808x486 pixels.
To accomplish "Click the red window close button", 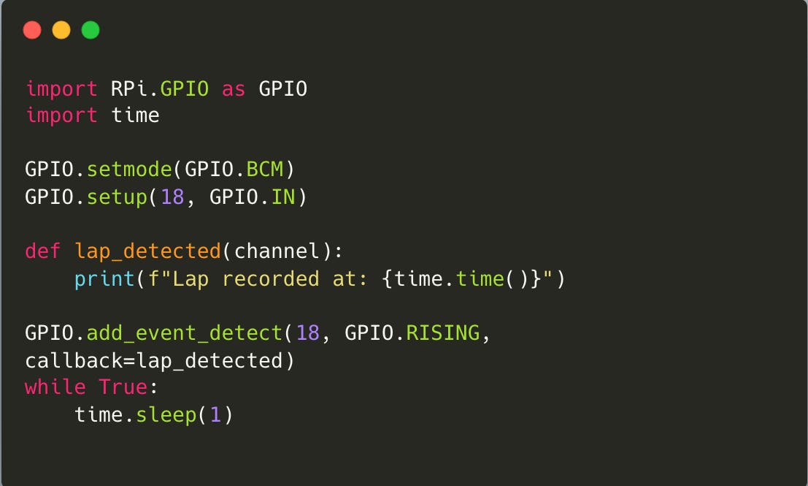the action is tap(32, 30).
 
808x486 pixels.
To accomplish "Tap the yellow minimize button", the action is tap(61, 30).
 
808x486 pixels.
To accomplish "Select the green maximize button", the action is tap(91, 30).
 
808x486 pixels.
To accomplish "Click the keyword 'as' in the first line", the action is tap(234, 89).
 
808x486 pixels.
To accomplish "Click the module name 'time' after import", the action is tap(135, 115).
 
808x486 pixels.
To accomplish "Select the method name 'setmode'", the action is tap(129, 170).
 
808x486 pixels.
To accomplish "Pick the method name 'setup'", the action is tap(117, 197).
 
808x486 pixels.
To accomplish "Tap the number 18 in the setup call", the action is tap(172, 197).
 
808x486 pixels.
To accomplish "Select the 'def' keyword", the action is tap(43, 251).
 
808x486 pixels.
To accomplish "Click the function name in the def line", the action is tap(147, 251).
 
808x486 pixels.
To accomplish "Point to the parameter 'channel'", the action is tap(277, 251).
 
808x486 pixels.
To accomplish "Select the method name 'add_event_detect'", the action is tap(185, 333).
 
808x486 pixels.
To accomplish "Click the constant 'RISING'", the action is tap(442, 333).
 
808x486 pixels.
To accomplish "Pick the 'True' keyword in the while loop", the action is tap(123, 387).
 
